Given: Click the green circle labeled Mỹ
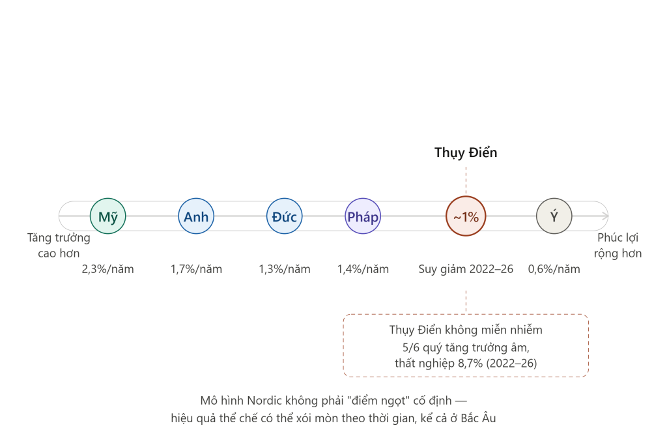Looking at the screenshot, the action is pos(107,216).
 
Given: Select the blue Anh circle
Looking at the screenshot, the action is pos(196,216).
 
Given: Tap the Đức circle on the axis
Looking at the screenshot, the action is pos(285,216).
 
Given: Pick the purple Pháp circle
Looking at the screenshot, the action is pos(363,216).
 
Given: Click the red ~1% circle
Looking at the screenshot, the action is pos(466,216).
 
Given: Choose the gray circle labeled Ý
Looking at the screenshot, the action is pos(554,216).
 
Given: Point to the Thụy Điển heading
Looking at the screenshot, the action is pos(466,152).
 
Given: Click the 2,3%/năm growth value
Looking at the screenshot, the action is pos(107,269).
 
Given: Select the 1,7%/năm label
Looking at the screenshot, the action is pos(196,269).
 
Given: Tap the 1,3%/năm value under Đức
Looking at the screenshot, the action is pos(285,269).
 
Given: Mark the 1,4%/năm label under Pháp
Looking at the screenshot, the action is pos(363,269).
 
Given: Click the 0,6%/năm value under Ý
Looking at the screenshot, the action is pos(554,269).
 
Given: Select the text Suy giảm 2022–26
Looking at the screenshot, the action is pos(466,269).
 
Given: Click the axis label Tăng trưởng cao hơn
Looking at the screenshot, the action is pos(59,246).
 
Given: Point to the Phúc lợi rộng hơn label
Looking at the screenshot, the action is pos(617,246).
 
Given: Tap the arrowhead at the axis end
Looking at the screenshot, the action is pos(606,216).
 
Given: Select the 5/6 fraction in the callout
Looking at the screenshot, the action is pos(411,348).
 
